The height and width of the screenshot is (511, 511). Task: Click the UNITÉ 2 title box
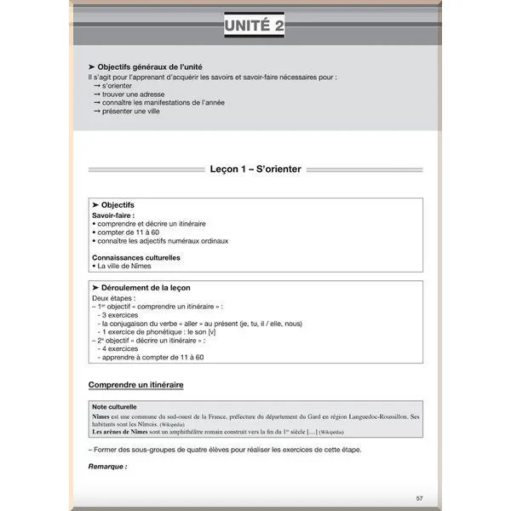coord(255,27)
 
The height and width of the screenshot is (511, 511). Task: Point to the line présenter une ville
coord(135,112)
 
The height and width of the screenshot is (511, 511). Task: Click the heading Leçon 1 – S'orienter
coord(255,169)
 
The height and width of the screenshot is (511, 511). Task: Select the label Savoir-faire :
coord(113,215)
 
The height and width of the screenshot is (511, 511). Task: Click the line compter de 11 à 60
coord(128,232)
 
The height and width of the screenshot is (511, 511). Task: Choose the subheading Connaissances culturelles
coord(135,257)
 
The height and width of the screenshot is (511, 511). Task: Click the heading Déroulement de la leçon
coord(145,288)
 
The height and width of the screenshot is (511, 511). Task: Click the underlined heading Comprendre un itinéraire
coord(135,385)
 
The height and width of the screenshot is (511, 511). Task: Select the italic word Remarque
coord(107,466)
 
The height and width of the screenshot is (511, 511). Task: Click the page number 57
coord(419,498)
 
